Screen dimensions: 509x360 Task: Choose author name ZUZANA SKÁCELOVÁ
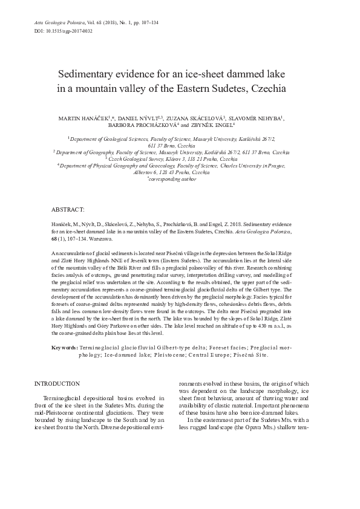pos(199,118)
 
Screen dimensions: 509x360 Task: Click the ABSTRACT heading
pos(68,209)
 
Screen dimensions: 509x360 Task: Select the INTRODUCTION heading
pos(57,383)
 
